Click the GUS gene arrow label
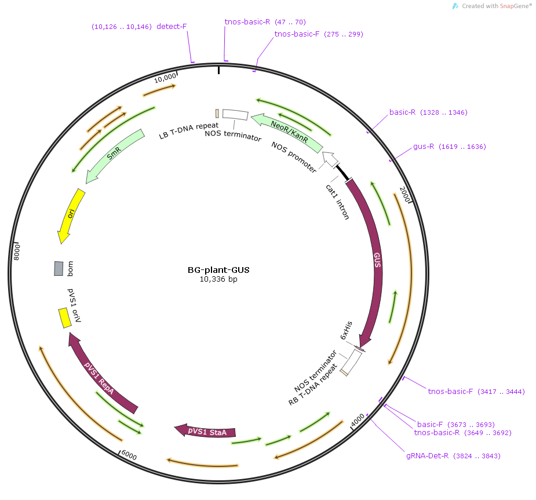pyautogui.click(x=377, y=260)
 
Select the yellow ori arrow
pyautogui.click(x=71, y=216)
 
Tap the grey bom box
pyautogui.click(x=59, y=268)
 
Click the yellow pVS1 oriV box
pyautogui.click(x=64, y=318)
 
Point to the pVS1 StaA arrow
pyautogui.click(x=205, y=431)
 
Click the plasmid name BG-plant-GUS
pyautogui.click(x=218, y=270)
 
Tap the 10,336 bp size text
pyautogui.click(x=218, y=279)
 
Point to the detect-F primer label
pyautogui.click(x=172, y=26)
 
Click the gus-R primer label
pyautogui.click(x=424, y=146)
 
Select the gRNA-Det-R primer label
pyautogui.click(x=427, y=455)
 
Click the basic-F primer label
pyautogui.click(x=430, y=425)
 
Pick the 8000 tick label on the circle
pyautogui.click(x=17, y=252)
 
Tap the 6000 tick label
pyautogui.click(x=129, y=455)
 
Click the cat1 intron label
pyautogui.click(x=337, y=202)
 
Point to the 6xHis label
pyautogui.click(x=347, y=330)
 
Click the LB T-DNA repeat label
pyautogui.click(x=189, y=130)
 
